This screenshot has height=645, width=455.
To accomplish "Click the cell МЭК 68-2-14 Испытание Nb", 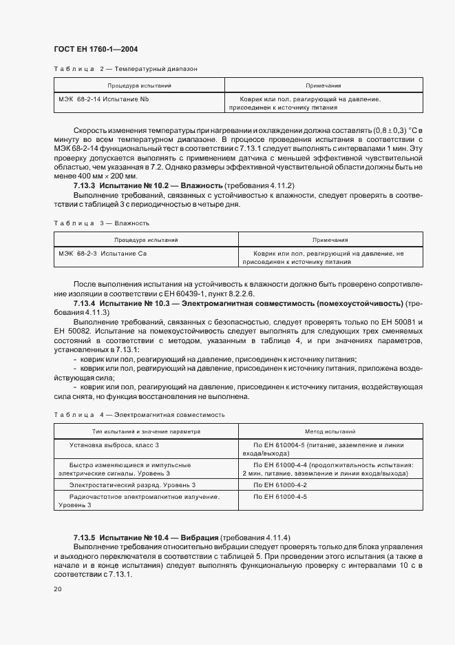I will [103, 99].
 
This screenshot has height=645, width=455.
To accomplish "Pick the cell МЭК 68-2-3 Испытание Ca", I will [103, 254].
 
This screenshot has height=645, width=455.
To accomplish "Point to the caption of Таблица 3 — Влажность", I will [101, 223].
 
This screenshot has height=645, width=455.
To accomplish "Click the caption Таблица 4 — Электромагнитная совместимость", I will [139, 414].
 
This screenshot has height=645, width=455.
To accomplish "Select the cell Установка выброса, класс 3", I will [118, 446].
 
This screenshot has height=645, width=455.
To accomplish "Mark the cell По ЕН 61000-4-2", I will [280, 485].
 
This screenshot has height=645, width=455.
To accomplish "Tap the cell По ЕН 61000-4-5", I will [280, 496].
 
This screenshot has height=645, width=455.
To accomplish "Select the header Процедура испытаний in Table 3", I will [146, 240].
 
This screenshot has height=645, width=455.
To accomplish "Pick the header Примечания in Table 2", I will [324, 85].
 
